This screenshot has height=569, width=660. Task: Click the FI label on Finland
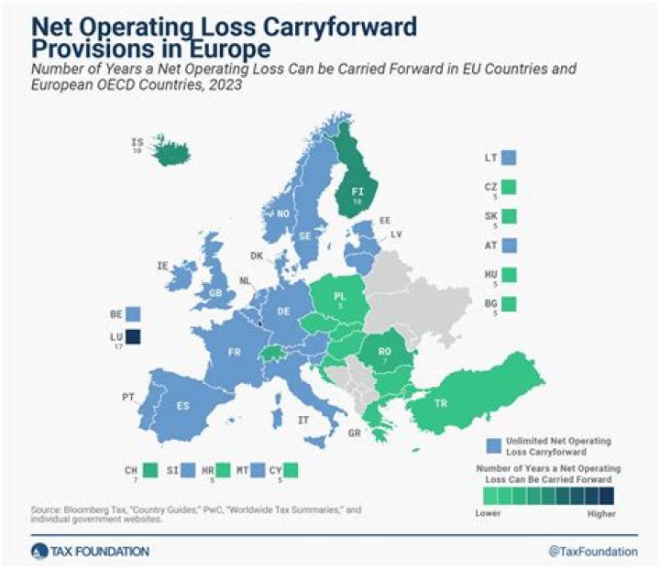[358, 191]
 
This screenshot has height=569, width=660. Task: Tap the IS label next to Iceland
[137, 143]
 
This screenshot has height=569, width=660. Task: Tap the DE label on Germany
[283, 311]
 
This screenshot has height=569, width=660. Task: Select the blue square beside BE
[134, 313]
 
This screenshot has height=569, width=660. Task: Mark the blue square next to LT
[510, 159]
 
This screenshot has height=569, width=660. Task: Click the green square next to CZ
[510, 187]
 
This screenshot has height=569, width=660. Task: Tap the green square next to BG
[510, 303]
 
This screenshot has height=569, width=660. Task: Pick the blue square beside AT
[510, 246]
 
